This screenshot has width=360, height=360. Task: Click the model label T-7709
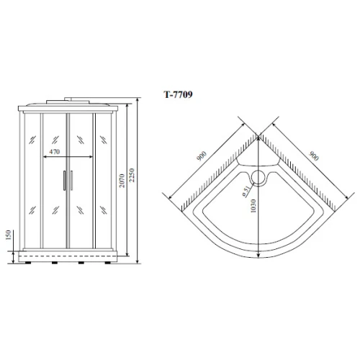coord(178,94)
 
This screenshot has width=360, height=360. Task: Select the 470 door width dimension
coord(55,152)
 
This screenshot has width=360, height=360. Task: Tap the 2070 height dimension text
coord(122,181)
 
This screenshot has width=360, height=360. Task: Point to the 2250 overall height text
coord(132,175)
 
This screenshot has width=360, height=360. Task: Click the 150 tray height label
coord(9,235)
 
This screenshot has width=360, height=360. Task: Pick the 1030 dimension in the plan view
coord(253,206)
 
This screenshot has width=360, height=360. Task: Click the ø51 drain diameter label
coord(246,192)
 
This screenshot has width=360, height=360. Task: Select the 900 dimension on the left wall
coord(202,156)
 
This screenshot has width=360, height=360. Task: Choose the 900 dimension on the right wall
coord(314,156)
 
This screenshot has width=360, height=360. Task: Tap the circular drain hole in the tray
coord(258,177)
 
